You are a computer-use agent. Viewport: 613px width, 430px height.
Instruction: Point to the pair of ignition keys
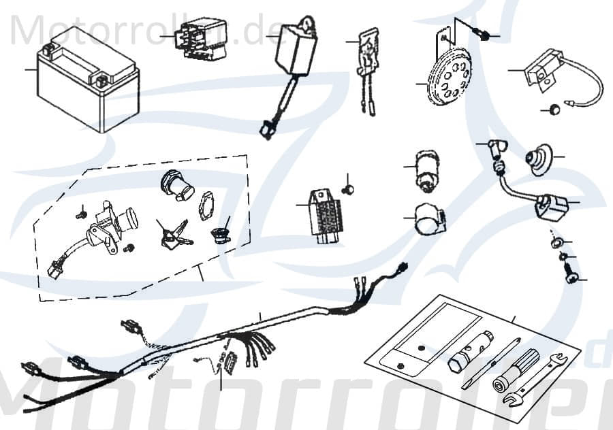[170, 235]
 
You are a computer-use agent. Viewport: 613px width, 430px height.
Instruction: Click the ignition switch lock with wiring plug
[109, 228]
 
